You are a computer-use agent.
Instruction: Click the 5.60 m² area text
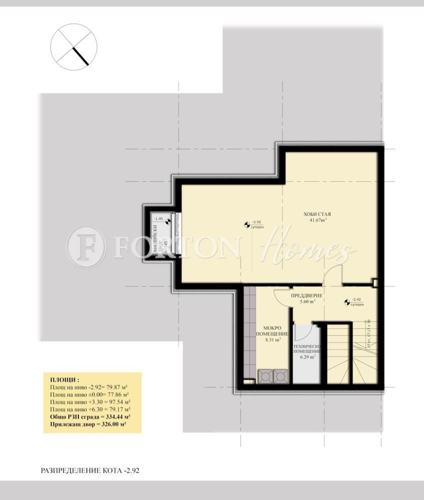(307, 301)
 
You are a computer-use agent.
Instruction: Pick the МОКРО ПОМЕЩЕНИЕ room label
(272, 331)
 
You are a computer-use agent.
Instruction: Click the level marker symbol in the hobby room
(246, 225)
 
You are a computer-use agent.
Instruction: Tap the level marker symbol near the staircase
(347, 303)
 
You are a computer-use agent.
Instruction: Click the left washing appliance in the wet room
(264, 376)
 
